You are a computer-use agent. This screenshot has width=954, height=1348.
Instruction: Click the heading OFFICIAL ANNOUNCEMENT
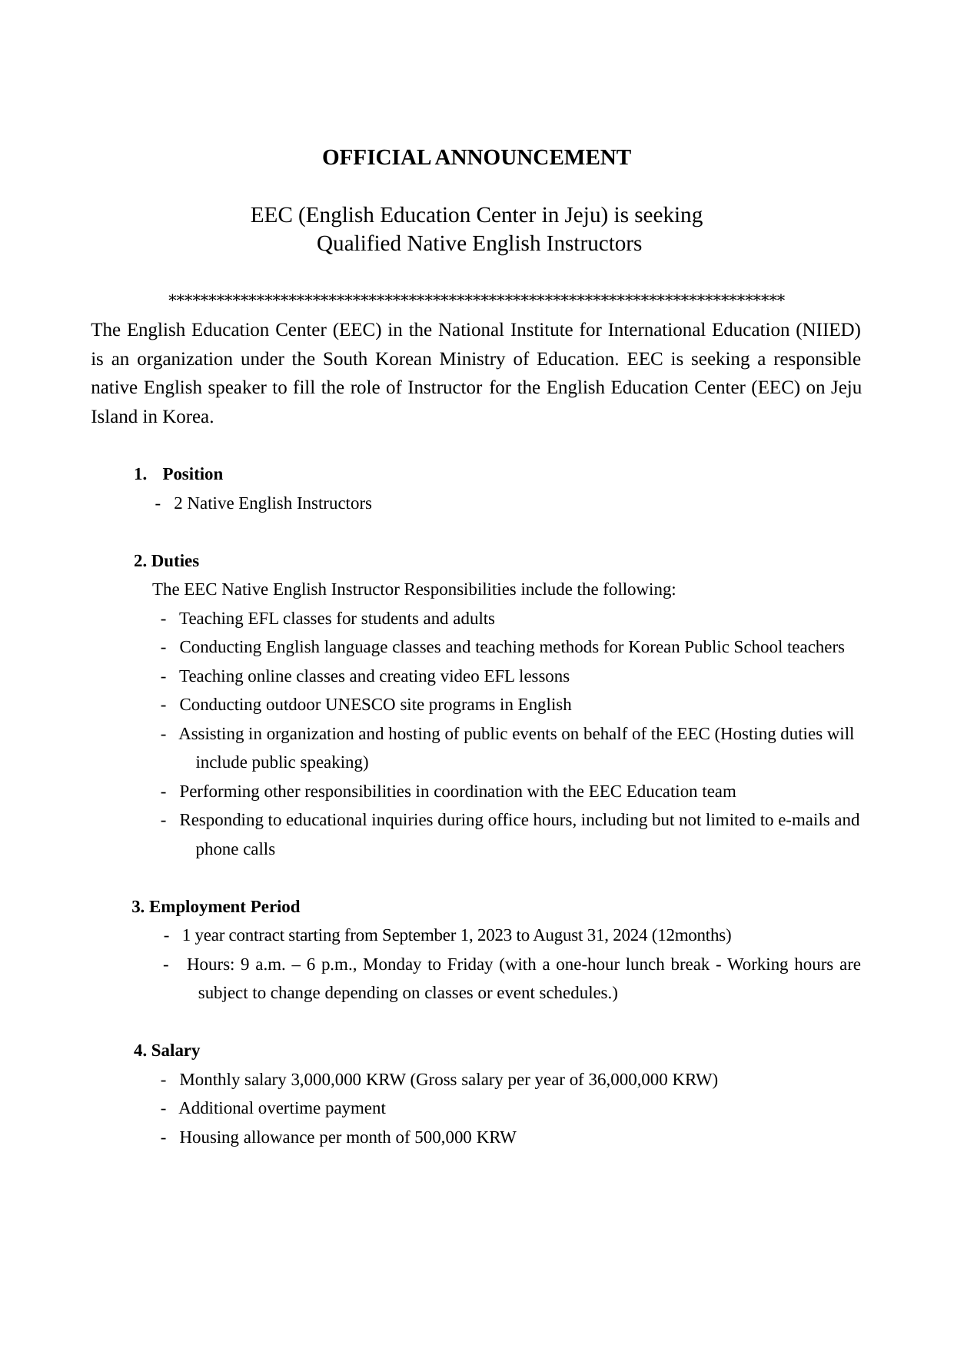pos(476,158)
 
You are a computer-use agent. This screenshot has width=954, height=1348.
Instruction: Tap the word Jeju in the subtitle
pos(585,215)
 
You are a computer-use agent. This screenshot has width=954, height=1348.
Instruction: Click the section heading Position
pos(192,474)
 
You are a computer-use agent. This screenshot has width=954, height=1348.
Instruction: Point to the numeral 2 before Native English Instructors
pos(178,503)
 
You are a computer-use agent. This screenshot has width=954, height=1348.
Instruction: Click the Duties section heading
pos(175,561)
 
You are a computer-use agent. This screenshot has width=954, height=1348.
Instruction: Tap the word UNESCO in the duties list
pos(360,705)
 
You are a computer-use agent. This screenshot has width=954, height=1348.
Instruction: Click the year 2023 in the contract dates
pos(494,935)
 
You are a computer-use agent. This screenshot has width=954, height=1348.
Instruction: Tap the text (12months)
pos(691,935)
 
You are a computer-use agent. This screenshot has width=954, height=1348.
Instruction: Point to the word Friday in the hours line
pos(470,965)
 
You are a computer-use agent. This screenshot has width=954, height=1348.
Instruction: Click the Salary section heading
pos(175,1051)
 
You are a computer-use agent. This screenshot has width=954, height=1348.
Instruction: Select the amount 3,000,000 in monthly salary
pos(326,1080)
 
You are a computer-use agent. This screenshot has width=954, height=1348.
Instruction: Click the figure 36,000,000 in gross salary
pos(628,1080)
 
